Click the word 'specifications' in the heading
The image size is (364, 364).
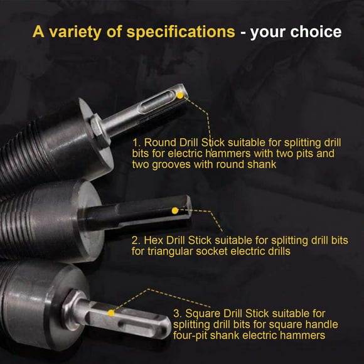[x=181, y=32]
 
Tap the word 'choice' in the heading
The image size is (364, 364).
[x=316, y=31]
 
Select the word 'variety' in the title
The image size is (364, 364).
[x=75, y=32]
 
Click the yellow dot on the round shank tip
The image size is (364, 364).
[x=180, y=95]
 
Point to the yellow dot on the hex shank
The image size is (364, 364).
[x=175, y=210]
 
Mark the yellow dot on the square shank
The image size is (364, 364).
[x=111, y=313]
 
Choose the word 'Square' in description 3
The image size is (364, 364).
[x=203, y=314]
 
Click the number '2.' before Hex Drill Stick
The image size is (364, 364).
[x=136, y=240]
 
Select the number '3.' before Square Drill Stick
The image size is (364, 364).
[x=178, y=314]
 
